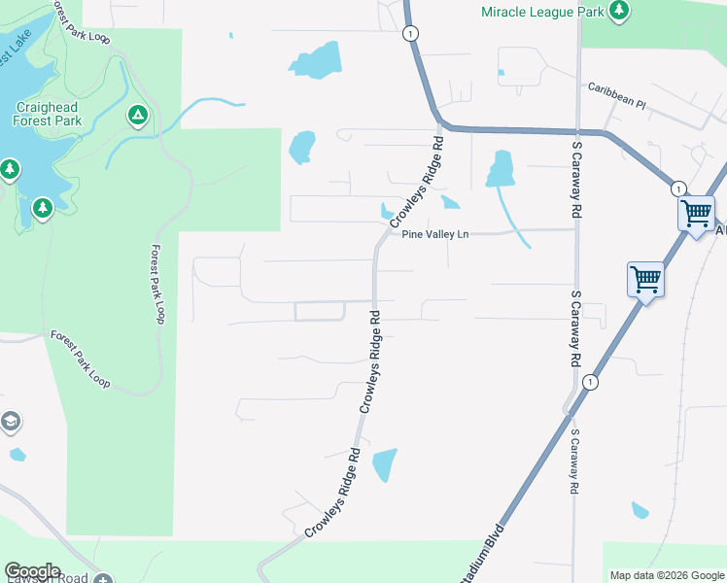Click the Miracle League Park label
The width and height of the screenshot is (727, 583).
[x=543, y=12]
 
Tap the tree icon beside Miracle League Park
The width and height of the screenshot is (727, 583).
[x=618, y=12]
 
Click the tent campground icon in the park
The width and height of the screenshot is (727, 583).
[x=138, y=117]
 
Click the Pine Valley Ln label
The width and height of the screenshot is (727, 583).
[x=435, y=235]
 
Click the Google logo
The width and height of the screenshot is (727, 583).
[x=32, y=571]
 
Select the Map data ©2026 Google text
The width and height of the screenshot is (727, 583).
[x=666, y=575]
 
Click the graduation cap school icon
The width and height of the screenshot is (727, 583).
[x=10, y=422]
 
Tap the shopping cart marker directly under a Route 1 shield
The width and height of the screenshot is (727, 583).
[x=696, y=214]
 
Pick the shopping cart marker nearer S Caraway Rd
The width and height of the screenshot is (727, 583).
[x=646, y=281]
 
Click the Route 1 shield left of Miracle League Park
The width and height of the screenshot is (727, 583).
[x=413, y=33]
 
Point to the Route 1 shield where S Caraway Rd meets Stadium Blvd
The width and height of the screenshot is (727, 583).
[x=589, y=383]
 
